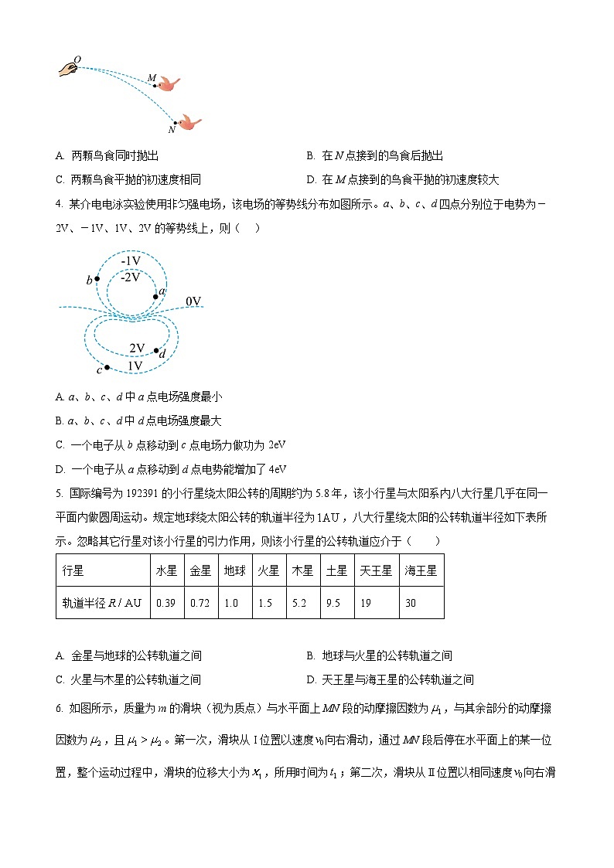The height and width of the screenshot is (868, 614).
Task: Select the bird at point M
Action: coord(169,83)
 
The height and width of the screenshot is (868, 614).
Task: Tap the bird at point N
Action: coord(189,122)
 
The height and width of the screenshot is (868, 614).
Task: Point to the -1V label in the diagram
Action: coord(131,261)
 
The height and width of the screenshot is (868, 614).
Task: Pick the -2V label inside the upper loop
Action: coord(131,277)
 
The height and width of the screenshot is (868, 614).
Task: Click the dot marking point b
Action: coord(97,279)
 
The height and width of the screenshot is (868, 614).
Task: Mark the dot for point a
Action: coord(155,296)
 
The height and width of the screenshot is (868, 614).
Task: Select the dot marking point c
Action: coord(107,367)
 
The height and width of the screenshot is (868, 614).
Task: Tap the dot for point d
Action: coord(156,351)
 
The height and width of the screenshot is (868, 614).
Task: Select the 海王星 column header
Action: coord(421,571)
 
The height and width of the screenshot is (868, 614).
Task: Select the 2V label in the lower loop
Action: coord(137,349)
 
